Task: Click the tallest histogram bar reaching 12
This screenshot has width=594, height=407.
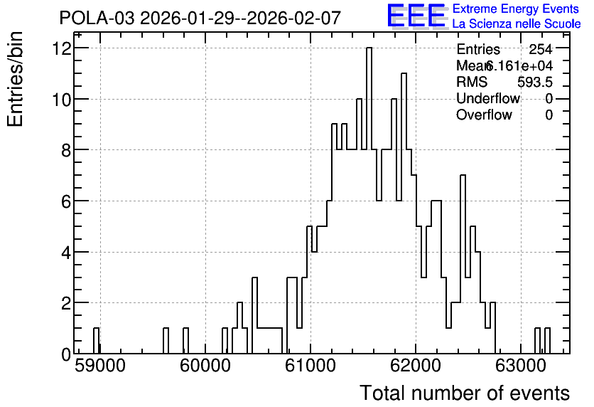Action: point(369,200)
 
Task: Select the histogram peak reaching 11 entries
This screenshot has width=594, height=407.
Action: point(404,213)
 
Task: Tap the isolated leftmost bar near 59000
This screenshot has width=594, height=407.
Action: point(96,341)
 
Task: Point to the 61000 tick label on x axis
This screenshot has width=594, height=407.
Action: point(310,366)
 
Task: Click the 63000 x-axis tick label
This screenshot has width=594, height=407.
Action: point(521,366)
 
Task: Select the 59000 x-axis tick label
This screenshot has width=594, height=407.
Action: point(100,366)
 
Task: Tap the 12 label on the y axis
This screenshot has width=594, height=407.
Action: point(62,48)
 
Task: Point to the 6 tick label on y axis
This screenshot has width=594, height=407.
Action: point(66,201)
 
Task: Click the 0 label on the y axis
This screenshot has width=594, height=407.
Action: point(66,354)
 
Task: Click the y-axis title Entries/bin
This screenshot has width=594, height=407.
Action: point(16,79)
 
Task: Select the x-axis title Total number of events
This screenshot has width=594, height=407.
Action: point(465,393)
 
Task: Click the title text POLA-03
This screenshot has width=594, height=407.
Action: point(97,18)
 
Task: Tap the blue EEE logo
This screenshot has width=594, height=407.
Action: point(416,16)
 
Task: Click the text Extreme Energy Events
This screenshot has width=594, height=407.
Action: point(516,9)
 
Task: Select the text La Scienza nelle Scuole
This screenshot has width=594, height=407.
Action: point(517,24)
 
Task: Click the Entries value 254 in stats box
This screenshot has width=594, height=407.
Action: point(541,49)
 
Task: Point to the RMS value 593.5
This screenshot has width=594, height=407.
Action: point(535,82)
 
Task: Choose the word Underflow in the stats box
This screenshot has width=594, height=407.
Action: point(488,98)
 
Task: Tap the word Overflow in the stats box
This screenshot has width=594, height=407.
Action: point(484,115)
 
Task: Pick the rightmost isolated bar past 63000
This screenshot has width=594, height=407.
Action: point(547,341)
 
